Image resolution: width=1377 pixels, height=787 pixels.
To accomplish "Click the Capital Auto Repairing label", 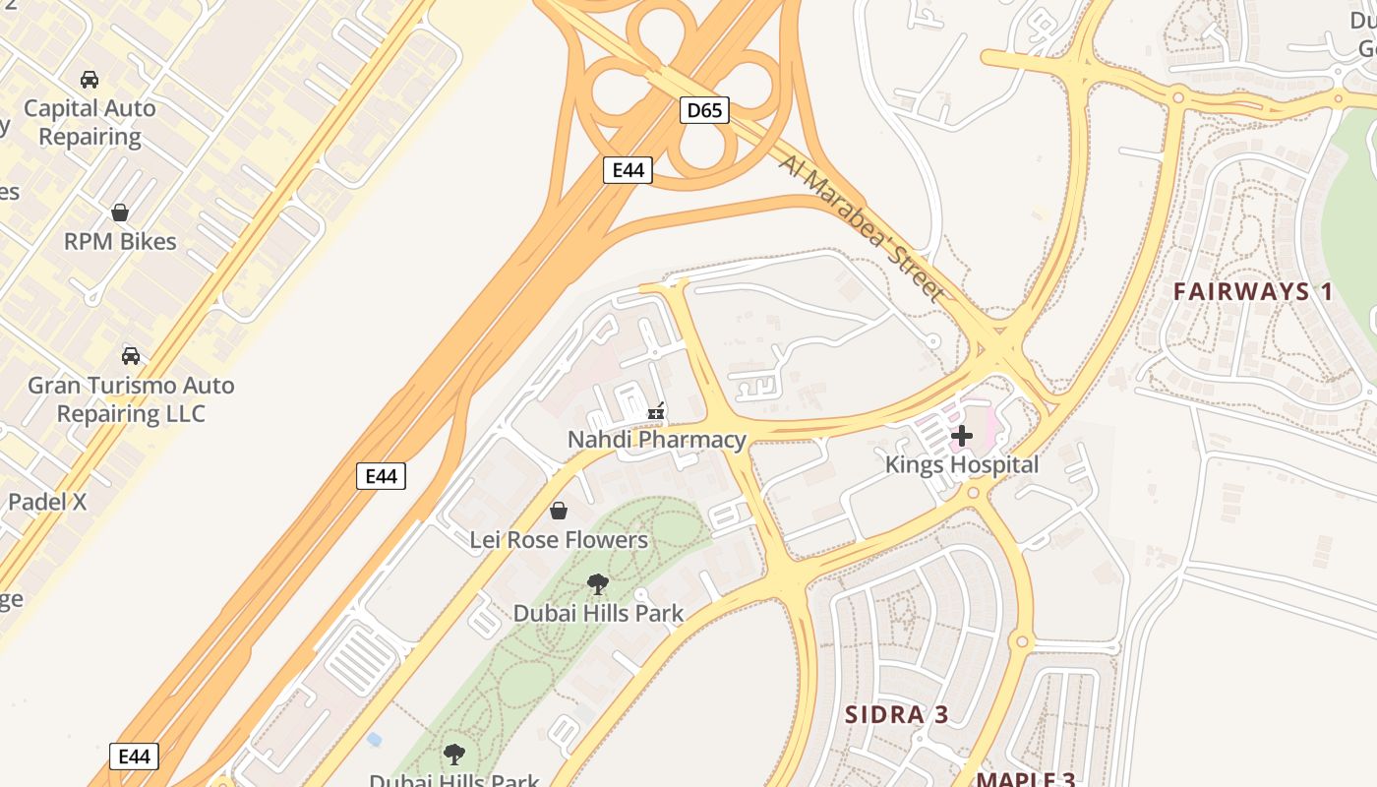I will click(90, 122).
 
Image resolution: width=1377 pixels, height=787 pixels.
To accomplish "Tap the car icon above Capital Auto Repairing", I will click(90, 80).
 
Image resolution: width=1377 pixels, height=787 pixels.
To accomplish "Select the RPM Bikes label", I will click(120, 241).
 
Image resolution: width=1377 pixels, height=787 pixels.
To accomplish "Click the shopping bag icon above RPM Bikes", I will click(120, 212).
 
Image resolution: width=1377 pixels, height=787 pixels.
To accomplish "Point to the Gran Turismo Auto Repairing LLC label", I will click(131, 399).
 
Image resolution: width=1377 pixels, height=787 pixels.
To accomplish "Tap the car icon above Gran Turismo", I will click(130, 355).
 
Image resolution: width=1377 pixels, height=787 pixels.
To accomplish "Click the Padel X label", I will click(47, 502).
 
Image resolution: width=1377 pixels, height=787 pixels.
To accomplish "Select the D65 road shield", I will click(704, 110).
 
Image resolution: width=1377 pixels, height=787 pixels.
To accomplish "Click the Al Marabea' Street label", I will click(862, 227).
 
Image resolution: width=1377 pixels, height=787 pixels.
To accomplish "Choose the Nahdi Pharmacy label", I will click(657, 440).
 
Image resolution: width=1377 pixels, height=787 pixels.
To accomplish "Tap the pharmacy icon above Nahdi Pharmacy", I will click(656, 411).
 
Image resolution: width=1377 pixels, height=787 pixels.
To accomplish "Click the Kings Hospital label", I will click(962, 464).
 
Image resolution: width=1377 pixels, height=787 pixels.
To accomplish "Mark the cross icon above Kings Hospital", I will click(962, 435).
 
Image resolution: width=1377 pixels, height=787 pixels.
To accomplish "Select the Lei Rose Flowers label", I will click(559, 540).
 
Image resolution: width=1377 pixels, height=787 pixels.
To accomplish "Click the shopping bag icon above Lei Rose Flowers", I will click(559, 511).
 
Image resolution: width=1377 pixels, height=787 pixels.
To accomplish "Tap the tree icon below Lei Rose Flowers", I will click(597, 584).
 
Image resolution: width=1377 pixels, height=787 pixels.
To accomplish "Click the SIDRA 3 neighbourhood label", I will click(897, 714).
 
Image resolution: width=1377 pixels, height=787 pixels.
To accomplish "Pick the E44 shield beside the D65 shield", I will click(628, 170).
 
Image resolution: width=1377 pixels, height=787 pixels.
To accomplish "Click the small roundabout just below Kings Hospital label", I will click(973, 492).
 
